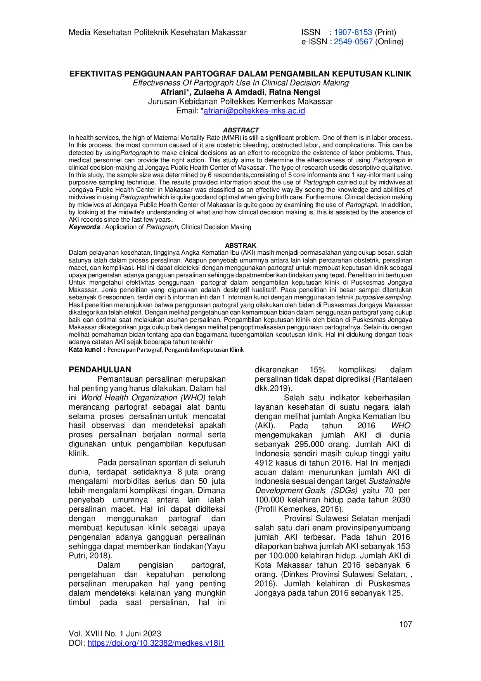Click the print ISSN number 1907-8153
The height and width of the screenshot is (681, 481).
click(x=353, y=32)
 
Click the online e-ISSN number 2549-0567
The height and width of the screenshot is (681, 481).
click(x=353, y=42)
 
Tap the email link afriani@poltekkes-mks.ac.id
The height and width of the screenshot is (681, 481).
click(x=254, y=111)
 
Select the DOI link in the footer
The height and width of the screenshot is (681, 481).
click(x=156, y=643)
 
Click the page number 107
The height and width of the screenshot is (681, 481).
click(x=405, y=624)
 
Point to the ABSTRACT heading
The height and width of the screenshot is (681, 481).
click(x=240, y=130)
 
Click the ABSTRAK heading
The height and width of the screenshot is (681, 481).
click(x=240, y=245)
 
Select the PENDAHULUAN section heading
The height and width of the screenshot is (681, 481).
click(x=100, y=370)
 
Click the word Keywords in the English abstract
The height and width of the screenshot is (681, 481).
click(x=84, y=227)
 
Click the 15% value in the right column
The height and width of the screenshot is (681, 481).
click(x=317, y=370)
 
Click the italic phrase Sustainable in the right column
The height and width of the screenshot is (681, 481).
click(x=389, y=481)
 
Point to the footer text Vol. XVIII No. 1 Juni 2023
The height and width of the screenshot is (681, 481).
click(x=115, y=634)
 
